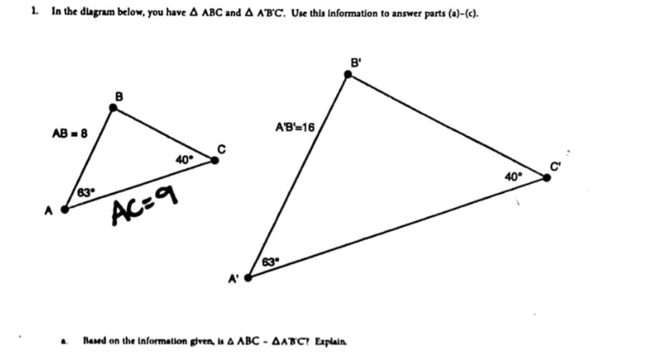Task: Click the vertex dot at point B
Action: point(113,107)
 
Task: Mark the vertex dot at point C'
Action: point(547,177)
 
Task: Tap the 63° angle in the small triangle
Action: point(85,194)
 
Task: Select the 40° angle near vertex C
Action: point(185,159)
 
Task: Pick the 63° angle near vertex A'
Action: point(270,262)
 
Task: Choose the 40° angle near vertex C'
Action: point(513,176)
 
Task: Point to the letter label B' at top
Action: point(358,61)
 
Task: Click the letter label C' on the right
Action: point(557,165)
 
